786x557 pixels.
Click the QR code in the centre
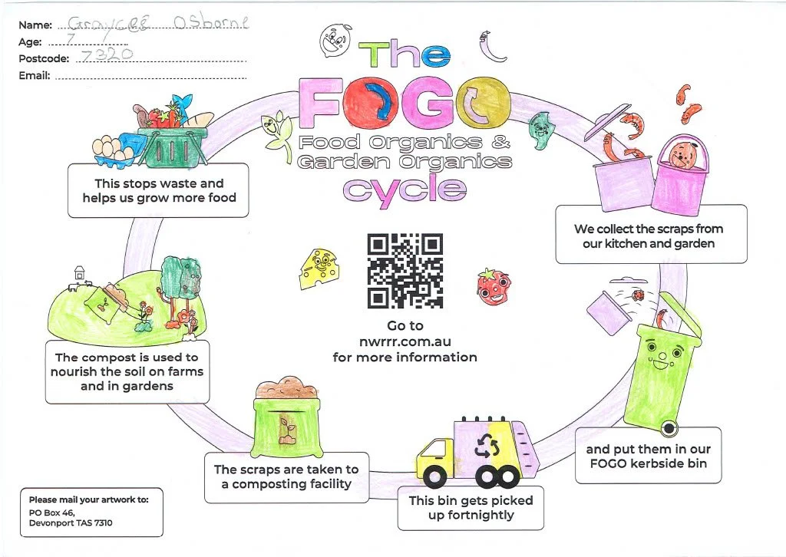pos(405,270)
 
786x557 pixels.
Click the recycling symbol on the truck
pos(488,447)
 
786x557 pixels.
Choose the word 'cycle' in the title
pos(404,189)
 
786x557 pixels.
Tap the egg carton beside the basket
pos(114,147)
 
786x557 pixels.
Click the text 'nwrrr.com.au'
pos(405,341)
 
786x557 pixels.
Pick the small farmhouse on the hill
pos(78,272)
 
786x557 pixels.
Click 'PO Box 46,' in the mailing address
pos(52,513)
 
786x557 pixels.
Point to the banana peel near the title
pos(491,48)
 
